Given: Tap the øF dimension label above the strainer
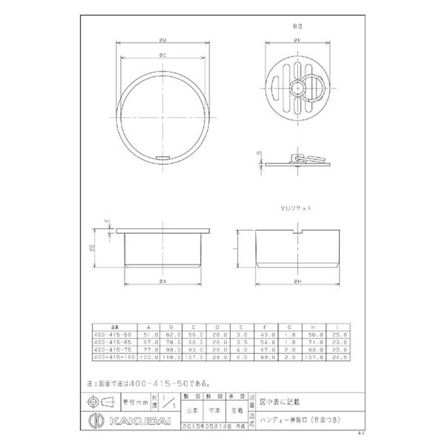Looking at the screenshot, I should [299, 40].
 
